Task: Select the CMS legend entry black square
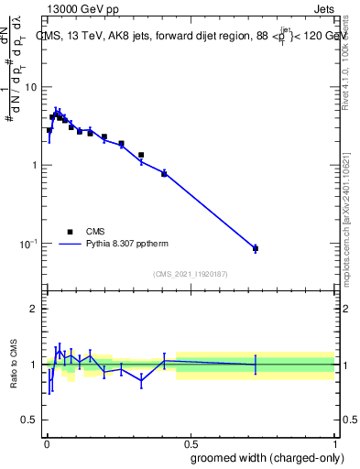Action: point(70,232)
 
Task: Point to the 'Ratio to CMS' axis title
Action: point(13,365)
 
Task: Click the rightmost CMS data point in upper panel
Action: point(256,248)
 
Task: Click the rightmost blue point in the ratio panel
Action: point(256,365)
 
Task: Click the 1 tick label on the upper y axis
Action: point(34,165)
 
